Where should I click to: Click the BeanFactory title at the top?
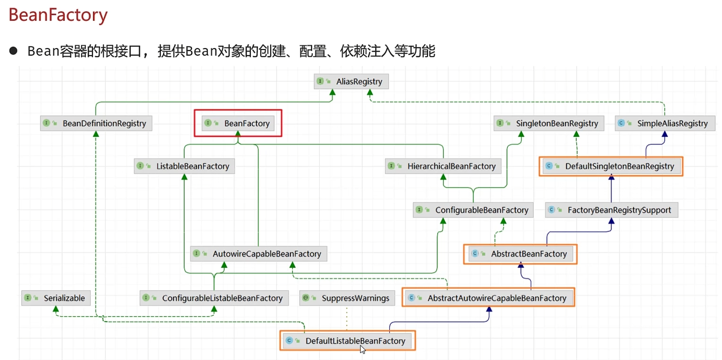[x=58, y=15]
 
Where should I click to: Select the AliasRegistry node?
[x=351, y=81]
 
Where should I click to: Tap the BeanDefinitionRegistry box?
[x=96, y=123]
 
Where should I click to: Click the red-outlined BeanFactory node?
[x=238, y=123]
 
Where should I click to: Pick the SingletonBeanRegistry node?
[x=549, y=123]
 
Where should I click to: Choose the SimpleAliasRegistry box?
[x=665, y=123]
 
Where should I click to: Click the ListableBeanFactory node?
[x=185, y=166]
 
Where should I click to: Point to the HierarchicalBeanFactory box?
[x=443, y=166]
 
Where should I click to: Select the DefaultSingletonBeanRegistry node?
[x=611, y=166]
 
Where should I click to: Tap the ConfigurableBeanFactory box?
[x=473, y=210]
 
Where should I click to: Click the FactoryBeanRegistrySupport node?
[x=612, y=210]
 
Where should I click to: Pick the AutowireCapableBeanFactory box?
[x=259, y=254]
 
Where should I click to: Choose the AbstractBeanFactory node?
[x=521, y=254]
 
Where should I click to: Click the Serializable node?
[x=56, y=298]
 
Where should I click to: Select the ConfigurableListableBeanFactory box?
[x=214, y=298]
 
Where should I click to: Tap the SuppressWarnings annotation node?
[x=347, y=298]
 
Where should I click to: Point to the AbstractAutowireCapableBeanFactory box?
[x=488, y=298]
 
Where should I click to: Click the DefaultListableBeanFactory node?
[x=348, y=341]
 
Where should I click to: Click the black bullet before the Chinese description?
[x=13, y=51]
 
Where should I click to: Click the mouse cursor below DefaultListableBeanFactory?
[x=363, y=350]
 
